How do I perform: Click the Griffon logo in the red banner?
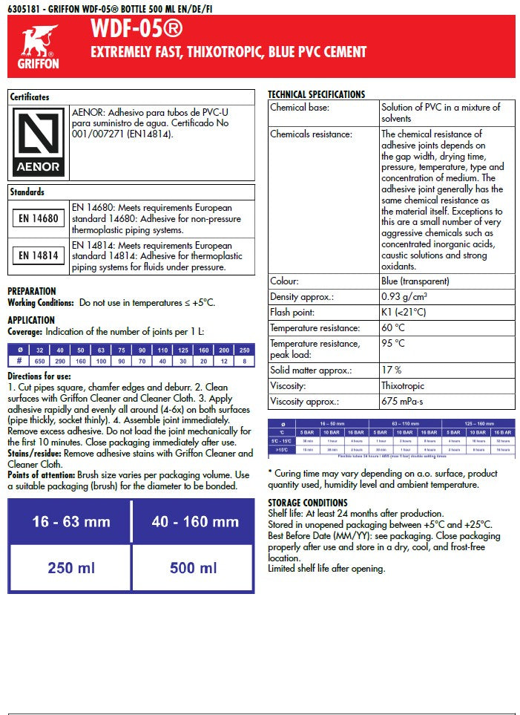click(38, 47)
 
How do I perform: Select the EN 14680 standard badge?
click(39, 218)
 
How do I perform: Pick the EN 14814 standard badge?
click(39, 256)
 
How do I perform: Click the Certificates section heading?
click(30, 97)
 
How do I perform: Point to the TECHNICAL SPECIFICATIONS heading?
click(316, 95)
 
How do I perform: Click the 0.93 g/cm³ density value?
click(404, 297)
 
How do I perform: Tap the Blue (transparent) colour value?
click(415, 281)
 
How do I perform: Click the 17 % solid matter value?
click(391, 370)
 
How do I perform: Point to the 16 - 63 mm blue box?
click(70, 522)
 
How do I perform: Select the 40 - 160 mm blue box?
click(194, 522)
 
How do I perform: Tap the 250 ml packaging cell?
click(70, 568)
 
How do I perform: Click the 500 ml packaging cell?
click(194, 568)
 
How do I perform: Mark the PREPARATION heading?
click(32, 291)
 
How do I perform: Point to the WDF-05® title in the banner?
click(136, 30)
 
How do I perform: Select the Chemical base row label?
click(300, 108)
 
